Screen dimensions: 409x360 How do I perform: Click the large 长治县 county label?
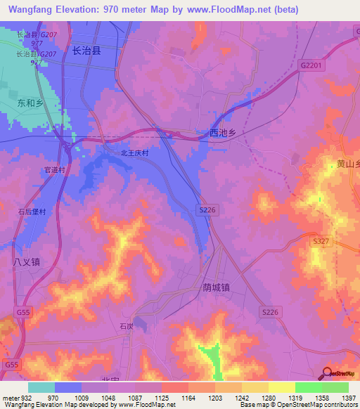click(x=87, y=51)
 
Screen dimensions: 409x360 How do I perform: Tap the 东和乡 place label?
click(x=30, y=103)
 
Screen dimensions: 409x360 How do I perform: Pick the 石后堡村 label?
click(x=32, y=211)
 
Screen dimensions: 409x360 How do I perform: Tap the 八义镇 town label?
click(x=27, y=261)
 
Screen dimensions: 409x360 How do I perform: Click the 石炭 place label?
click(x=126, y=326)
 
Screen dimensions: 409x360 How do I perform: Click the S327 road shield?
click(x=321, y=241)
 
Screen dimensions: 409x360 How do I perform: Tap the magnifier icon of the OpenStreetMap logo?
click(x=327, y=372)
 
